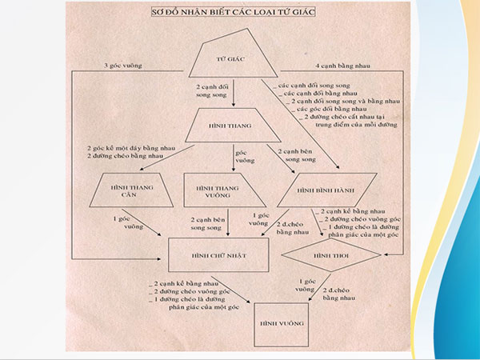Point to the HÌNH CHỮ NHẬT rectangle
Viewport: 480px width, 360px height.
click(218, 254)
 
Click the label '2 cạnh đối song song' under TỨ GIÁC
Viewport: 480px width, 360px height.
click(214, 88)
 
